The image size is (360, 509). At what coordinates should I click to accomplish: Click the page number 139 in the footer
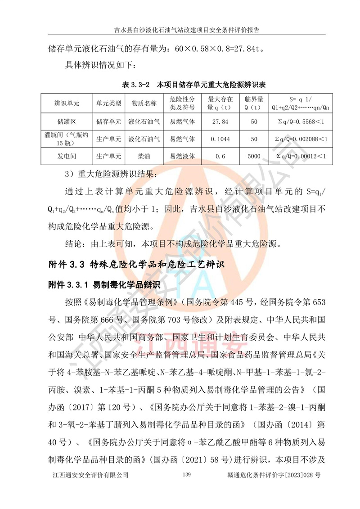188,475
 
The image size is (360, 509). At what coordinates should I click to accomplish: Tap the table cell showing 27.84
220,121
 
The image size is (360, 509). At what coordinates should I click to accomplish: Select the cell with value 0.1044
220,139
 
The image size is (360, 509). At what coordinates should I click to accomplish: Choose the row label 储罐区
67,121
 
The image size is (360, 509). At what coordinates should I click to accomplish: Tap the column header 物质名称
144,103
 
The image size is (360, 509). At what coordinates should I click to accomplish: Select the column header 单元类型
108,103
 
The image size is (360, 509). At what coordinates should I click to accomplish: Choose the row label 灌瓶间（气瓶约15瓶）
67,139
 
